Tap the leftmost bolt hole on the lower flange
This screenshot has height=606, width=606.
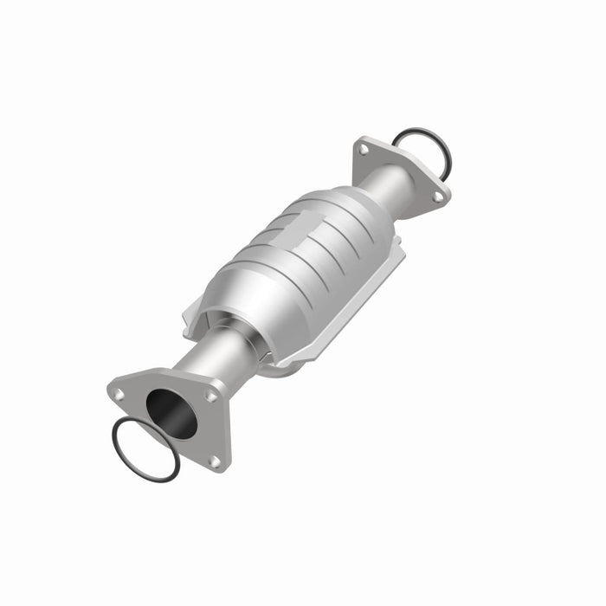pyautogui.click(x=119, y=394)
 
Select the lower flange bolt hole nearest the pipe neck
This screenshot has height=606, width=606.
pyautogui.click(x=210, y=396)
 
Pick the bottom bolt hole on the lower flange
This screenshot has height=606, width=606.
pyautogui.click(x=213, y=461)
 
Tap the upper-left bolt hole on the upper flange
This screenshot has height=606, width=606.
pyautogui.click(x=364, y=150)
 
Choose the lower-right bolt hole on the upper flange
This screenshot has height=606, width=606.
pyautogui.click(x=437, y=197)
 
